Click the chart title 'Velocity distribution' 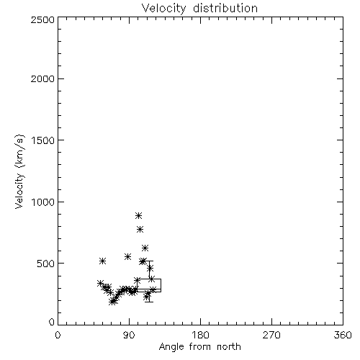coord(199,8)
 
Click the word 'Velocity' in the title coord(163,9)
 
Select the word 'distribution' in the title coord(225,8)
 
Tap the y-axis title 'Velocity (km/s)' coord(19,171)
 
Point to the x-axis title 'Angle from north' coord(200,347)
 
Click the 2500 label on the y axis coord(42,19)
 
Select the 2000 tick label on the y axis coord(42,78)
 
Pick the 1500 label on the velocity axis coord(43,140)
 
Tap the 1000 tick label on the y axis coord(43,202)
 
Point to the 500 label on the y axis coord(46,264)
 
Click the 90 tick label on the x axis coord(129,335)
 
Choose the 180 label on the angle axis coord(200,335)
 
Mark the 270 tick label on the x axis coord(271,335)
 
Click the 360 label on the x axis coord(343,335)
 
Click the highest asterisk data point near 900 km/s coord(138,215)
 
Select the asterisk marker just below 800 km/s coord(140,230)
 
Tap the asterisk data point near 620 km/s coord(145,248)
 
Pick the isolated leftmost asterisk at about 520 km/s coord(102,261)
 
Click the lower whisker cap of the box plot coord(149,302)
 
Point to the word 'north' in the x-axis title coord(229,347)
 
